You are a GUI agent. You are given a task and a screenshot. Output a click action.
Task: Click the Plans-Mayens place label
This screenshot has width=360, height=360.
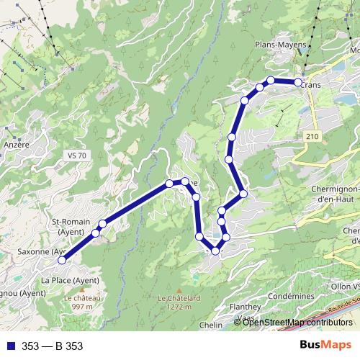pyautogui.click(x=281, y=44)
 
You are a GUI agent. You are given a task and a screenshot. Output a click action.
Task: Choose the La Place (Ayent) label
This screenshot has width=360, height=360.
pyautogui.click(x=70, y=280)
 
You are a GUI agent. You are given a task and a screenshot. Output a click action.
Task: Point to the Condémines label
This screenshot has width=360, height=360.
pyautogui.click(x=290, y=296)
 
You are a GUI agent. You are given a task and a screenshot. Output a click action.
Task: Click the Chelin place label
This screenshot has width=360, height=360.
pyautogui.click(x=211, y=325)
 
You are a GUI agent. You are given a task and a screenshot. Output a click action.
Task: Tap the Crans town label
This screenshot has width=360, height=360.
pyautogui.click(x=311, y=84)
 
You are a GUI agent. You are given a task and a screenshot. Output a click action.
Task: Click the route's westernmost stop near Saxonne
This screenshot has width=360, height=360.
pyautogui.click(x=63, y=260)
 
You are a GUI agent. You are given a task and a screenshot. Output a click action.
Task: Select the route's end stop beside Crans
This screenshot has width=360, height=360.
pyautogui.click(x=298, y=83)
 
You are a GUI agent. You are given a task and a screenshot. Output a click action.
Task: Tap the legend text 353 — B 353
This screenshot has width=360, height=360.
pyautogui.click(x=52, y=346)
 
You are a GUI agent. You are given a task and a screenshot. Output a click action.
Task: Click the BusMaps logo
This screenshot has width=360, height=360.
pyautogui.click(x=326, y=346)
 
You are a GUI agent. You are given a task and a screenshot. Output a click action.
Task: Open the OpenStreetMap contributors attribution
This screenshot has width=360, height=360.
pyautogui.click(x=297, y=323)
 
